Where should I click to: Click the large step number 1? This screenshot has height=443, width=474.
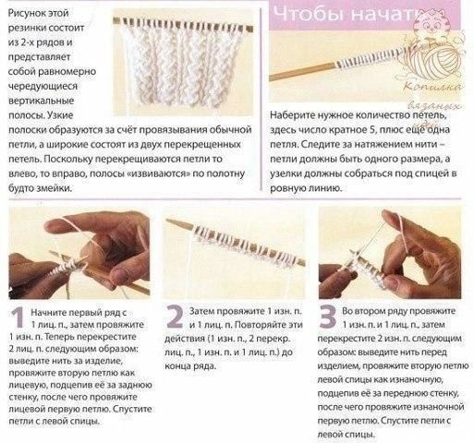(18, 317)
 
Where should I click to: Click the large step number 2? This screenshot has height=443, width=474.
(175, 317)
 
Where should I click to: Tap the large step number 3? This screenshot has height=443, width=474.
(327, 317)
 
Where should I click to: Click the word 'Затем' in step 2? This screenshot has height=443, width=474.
(201, 311)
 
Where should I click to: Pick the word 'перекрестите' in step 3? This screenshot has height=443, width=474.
(346, 339)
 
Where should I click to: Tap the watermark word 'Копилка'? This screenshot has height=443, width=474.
(432, 87)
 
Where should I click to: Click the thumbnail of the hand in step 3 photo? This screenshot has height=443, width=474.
(393, 281)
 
